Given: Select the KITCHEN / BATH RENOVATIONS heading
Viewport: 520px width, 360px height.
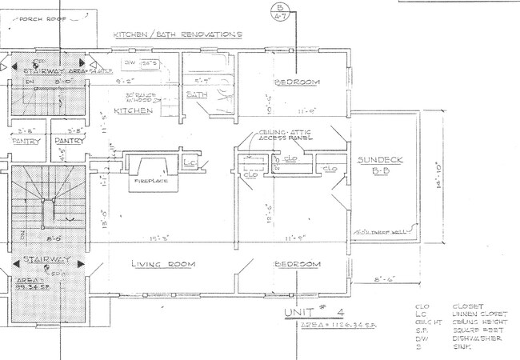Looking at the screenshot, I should (x=177, y=35).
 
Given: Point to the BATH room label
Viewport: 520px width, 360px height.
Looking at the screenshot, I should (x=194, y=95).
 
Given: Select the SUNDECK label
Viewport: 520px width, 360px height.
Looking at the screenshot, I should (x=380, y=160).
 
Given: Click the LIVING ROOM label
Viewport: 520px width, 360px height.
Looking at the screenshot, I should (x=165, y=264).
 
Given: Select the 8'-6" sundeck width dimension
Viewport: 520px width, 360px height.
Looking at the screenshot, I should (x=386, y=279).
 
